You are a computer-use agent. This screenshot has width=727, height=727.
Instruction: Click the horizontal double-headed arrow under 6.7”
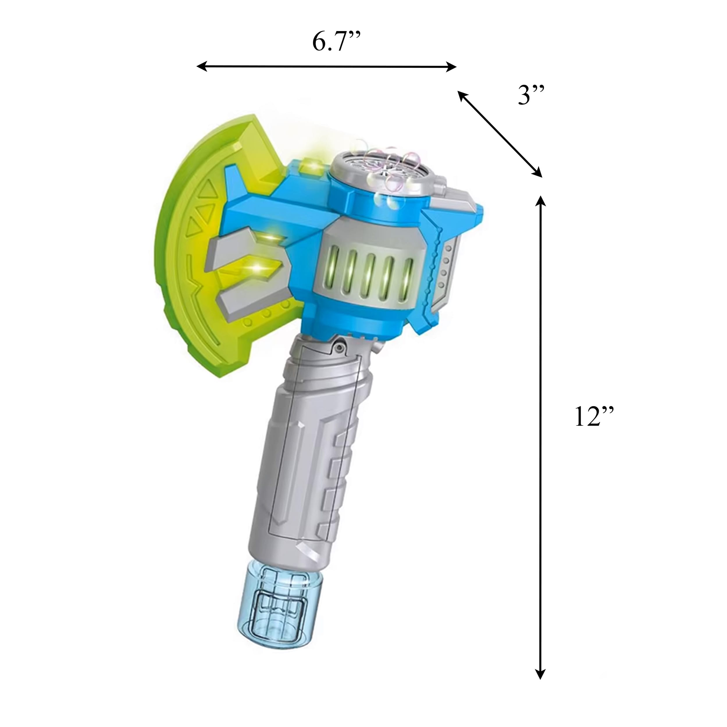[327, 67]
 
